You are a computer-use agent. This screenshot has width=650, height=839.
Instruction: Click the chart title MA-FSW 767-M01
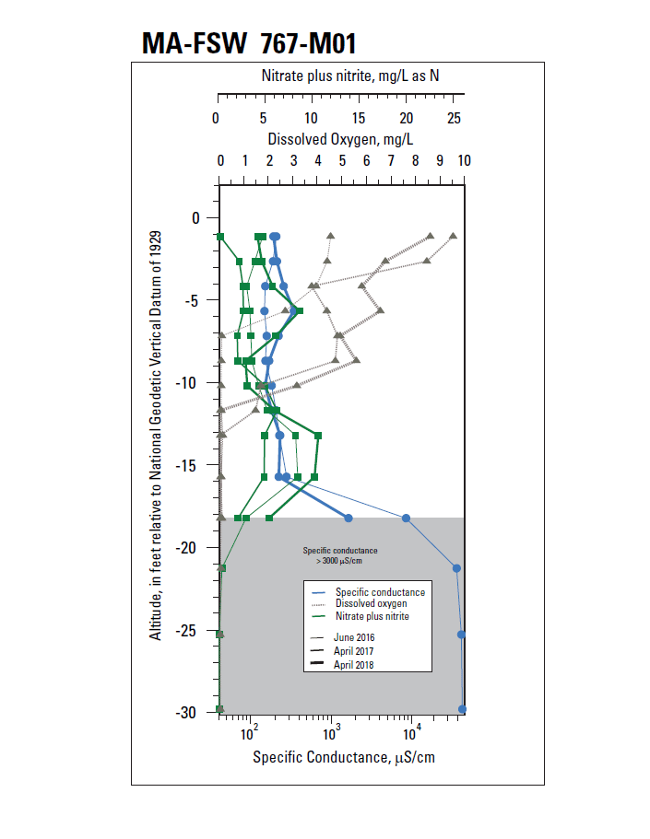coord(249,42)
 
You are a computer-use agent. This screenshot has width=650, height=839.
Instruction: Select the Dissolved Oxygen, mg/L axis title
coord(340,140)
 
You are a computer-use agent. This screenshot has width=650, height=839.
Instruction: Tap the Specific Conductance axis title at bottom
coord(343,758)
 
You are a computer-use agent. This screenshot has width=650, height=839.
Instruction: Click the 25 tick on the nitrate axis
coord(454,119)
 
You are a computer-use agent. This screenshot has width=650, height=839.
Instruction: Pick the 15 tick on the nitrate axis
coord(359,119)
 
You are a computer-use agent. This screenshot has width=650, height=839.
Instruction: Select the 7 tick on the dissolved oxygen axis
coord(391,159)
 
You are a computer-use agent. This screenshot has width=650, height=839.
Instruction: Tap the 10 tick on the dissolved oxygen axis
coord(464,159)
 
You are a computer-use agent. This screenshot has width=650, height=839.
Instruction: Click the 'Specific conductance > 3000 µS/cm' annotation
coord(340,555)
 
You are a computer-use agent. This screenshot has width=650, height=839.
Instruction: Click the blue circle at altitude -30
coord(462,709)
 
